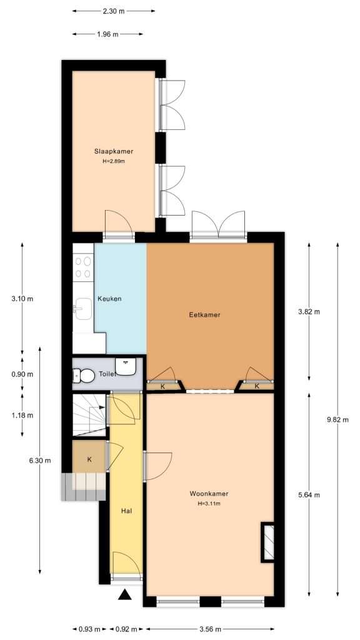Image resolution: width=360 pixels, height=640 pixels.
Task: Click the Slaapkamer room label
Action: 114,151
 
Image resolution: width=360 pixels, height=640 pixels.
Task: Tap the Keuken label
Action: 109,299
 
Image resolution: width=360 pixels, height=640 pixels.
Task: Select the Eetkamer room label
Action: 205,315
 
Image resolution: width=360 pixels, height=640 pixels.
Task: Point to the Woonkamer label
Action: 209,494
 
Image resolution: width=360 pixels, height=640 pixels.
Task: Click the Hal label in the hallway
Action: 126,511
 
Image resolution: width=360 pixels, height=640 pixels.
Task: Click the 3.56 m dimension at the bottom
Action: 210,629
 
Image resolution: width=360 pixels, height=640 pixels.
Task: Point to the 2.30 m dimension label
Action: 113,11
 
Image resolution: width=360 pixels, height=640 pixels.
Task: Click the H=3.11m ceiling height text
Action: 209,503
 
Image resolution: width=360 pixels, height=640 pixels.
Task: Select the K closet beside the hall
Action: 89,459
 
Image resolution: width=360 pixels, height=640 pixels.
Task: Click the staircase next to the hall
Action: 89,415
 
